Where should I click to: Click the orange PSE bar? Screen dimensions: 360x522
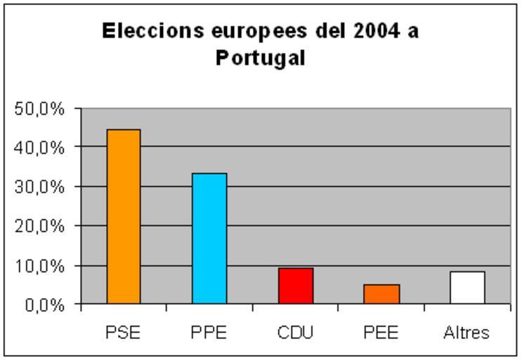click(x=124, y=217)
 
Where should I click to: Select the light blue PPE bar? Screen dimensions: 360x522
click(x=209, y=238)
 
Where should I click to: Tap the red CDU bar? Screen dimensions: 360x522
click(x=295, y=285)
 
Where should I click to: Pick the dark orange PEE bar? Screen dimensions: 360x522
click(x=381, y=294)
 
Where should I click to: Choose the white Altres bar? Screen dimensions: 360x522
click(x=467, y=288)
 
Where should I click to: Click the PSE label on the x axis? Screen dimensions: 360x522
click(x=124, y=333)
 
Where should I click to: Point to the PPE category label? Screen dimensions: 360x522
click(x=209, y=333)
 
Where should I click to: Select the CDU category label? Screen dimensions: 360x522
click(x=295, y=333)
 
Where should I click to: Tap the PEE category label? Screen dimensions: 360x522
click(x=381, y=333)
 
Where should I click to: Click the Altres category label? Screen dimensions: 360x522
click(x=466, y=333)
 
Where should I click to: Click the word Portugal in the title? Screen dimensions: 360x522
click(x=261, y=58)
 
